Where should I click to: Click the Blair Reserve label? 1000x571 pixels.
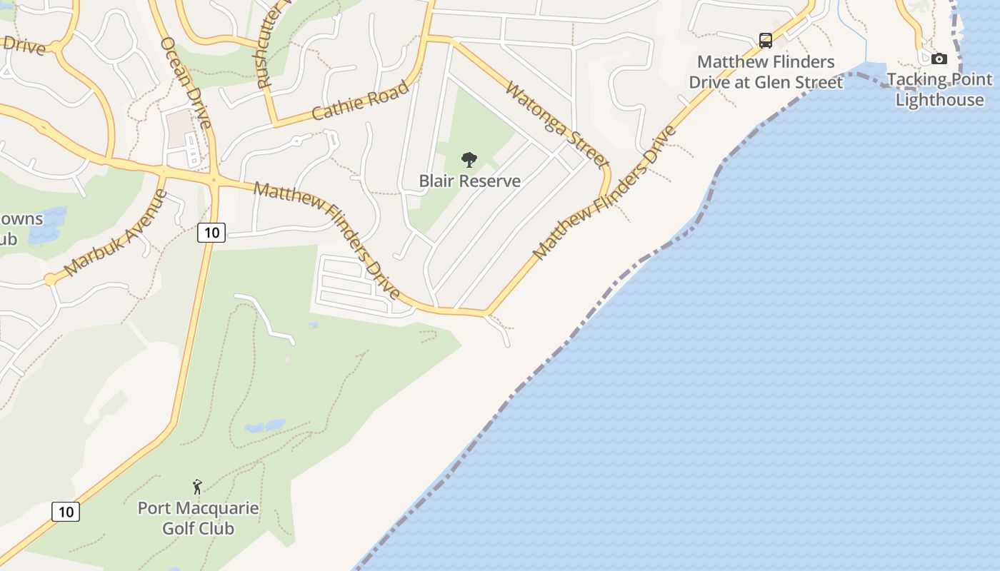469,181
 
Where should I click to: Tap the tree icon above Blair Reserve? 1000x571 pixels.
469,159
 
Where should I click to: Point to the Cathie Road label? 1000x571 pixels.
361,101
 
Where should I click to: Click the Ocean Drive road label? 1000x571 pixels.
186,82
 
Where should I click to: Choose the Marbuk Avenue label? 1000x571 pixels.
114,233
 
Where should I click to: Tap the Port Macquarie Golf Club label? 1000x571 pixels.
198,519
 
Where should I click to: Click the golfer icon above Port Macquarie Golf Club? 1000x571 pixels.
197,487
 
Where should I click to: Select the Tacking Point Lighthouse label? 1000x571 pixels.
939,89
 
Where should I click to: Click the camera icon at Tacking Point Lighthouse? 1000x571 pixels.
939,59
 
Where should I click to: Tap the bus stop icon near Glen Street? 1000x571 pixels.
766,40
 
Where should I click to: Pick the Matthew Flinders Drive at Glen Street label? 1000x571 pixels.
766,72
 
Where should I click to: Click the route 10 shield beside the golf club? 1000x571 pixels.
66,512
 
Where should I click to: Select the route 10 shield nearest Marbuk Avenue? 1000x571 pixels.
211,232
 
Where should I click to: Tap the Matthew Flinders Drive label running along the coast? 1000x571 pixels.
604,193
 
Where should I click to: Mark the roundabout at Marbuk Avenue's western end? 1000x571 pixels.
50,279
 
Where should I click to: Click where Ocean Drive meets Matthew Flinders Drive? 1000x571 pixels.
213,179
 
